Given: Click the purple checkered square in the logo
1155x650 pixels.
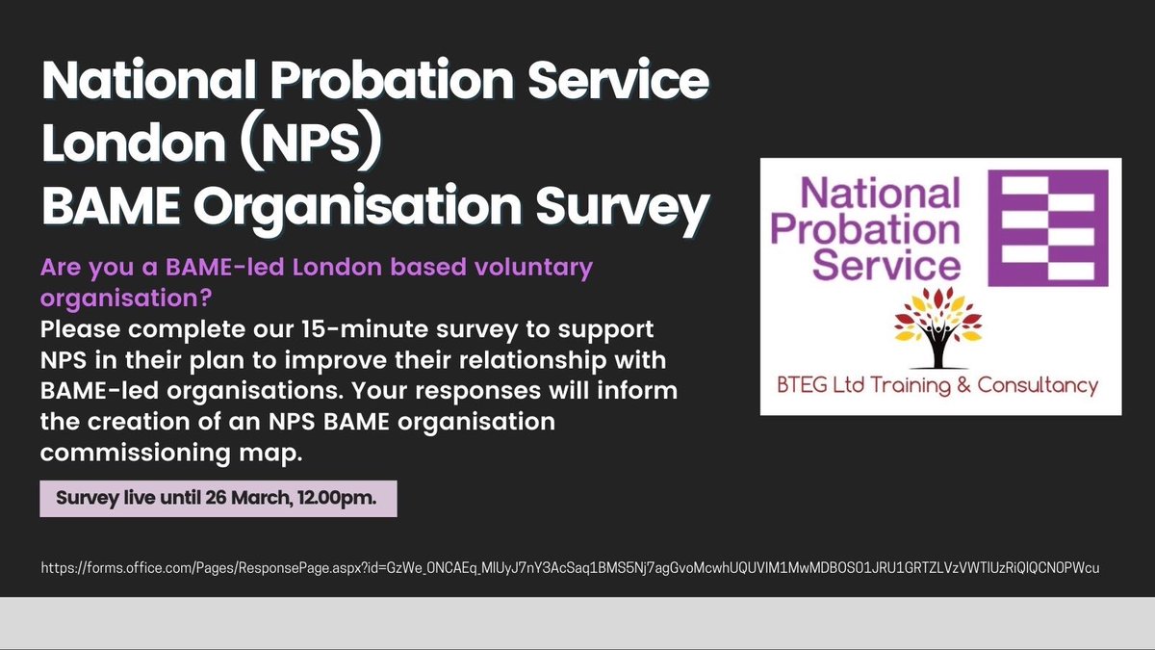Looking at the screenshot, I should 1048,228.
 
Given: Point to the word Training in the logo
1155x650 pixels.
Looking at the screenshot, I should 913,386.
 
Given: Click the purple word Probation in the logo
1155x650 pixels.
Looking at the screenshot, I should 866,231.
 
